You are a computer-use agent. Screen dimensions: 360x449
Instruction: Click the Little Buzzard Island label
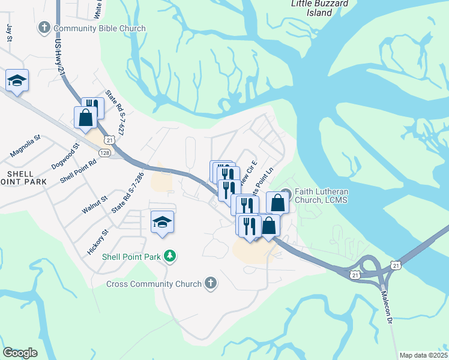(311, 8)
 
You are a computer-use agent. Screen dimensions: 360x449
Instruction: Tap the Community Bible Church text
(100, 28)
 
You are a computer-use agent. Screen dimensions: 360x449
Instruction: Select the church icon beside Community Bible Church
(44, 28)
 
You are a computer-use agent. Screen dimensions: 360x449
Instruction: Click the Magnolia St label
(25, 146)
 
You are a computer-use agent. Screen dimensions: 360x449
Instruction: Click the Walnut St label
(94, 203)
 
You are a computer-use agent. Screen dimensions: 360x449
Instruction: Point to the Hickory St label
(97, 242)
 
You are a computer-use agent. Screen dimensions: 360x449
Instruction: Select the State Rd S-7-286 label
(128, 193)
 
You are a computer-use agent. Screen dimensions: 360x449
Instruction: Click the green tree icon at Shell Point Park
(170, 257)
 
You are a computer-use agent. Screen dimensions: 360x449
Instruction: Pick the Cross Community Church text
(154, 283)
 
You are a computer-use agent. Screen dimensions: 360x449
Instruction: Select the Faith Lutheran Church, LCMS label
(322, 196)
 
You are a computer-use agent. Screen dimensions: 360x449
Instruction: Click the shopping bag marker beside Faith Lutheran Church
(277, 202)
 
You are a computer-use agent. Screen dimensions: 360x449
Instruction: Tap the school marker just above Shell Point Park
(162, 222)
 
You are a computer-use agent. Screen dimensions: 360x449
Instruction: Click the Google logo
(20, 353)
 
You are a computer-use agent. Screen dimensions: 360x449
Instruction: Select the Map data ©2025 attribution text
(423, 355)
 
